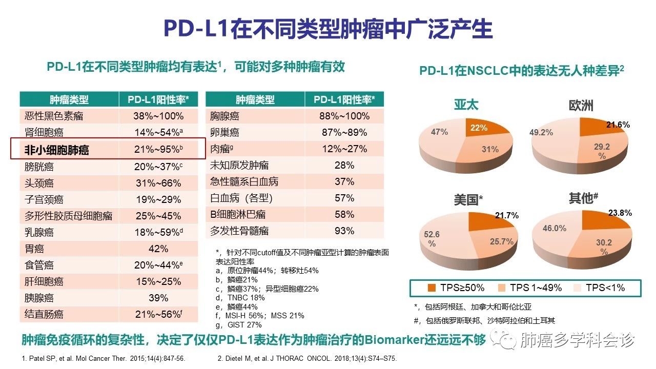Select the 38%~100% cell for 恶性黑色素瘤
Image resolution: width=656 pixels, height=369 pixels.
click(158, 116)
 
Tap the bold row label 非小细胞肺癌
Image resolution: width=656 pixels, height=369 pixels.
click(57, 150)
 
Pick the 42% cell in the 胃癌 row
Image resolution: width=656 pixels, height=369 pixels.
click(158, 249)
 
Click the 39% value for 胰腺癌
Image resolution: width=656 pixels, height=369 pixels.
click(158, 298)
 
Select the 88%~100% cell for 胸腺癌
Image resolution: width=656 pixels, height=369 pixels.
click(344, 116)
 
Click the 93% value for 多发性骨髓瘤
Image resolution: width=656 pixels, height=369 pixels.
click(344, 231)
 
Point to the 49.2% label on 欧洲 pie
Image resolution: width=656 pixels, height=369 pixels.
click(541, 132)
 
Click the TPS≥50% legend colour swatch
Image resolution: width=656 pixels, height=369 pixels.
click(432, 288)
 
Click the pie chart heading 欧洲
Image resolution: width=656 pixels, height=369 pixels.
click(581, 106)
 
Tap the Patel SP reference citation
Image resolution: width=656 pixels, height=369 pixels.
click(103, 358)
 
